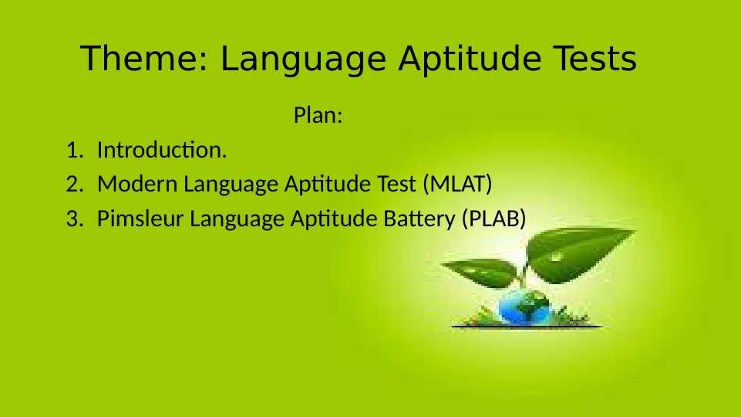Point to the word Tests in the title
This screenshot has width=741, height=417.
(598, 59)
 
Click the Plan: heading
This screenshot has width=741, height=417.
(318, 117)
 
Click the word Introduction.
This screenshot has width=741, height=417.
(162, 150)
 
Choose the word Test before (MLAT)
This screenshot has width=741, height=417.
(399, 185)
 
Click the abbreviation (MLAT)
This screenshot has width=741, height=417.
(457, 185)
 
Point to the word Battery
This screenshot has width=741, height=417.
(419, 219)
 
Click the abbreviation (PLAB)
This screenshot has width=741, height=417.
(493, 219)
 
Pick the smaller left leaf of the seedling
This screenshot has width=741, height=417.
(478, 273)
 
